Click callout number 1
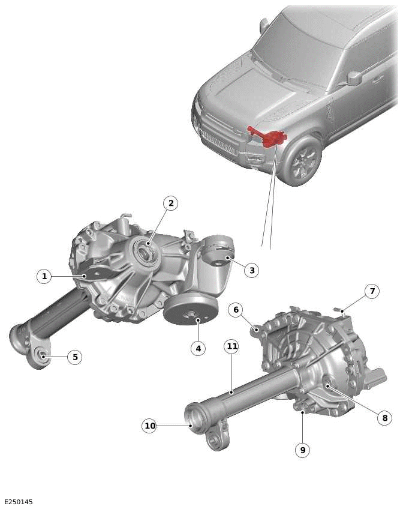(x=43, y=276)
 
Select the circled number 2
(x=171, y=203)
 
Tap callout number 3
(x=252, y=270)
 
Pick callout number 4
(x=198, y=348)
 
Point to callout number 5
(x=75, y=357)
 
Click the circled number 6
(x=236, y=310)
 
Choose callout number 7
(x=372, y=291)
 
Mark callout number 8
(x=384, y=418)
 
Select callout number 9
(x=302, y=450)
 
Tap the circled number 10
(x=149, y=426)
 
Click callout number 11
(x=231, y=346)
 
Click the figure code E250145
(x=19, y=502)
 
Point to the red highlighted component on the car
(x=269, y=137)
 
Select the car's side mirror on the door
(x=354, y=77)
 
